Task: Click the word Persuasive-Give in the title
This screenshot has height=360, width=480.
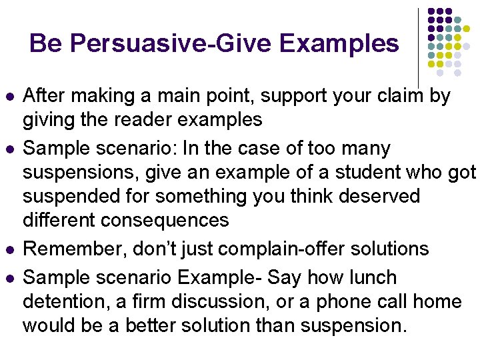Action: (x=172, y=44)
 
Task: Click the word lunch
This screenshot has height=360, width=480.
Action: (x=371, y=277)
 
